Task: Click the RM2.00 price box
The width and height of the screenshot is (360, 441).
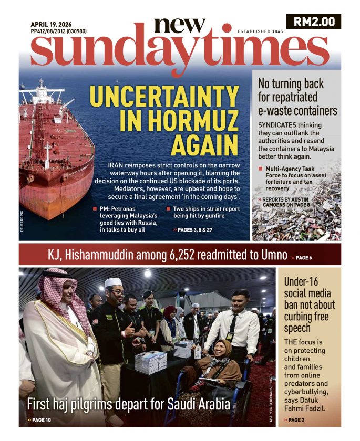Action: (x=314, y=22)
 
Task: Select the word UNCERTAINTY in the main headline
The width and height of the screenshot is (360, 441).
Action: (x=164, y=97)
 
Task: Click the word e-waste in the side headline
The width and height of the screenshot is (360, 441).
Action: (x=276, y=111)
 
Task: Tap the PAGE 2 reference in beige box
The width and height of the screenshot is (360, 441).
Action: (x=296, y=420)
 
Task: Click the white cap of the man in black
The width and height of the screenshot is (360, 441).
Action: (x=113, y=282)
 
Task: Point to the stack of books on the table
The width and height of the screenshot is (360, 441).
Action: (x=151, y=362)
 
